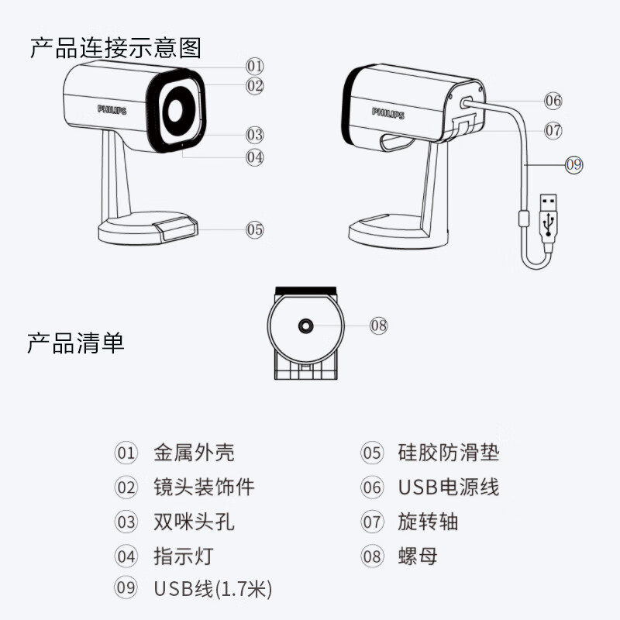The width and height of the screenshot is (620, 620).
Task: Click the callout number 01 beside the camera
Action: point(255,66)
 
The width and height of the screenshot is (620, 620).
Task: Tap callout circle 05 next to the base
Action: point(255,229)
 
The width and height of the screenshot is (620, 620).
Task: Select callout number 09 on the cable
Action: point(573,164)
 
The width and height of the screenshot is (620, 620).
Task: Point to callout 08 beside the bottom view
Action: point(378,325)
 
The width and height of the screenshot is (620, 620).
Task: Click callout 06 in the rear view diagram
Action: point(553,100)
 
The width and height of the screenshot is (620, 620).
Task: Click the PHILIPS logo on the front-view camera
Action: point(112,109)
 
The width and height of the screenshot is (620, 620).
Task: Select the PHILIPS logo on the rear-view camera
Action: point(387,113)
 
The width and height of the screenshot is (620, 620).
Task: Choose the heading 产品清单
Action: point(76,342)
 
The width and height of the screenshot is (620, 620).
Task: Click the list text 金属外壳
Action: point(194,453)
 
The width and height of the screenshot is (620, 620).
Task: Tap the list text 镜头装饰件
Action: point(204,487)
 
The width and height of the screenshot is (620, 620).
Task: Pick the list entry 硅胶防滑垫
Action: point(449,453)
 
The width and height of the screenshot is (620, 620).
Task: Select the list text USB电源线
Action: point(449,487)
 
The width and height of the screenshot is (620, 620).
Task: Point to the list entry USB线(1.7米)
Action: point(213,589)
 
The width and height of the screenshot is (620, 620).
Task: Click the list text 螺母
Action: point(418,555)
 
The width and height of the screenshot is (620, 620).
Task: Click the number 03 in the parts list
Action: point(126,521)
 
